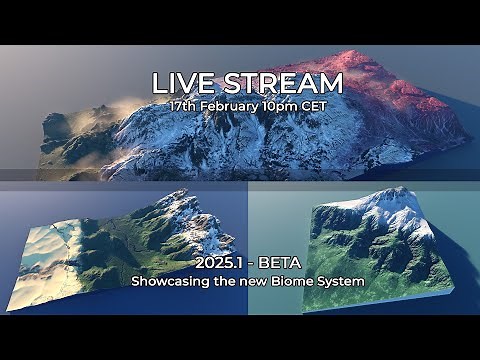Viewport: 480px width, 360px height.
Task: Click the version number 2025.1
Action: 227,263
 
